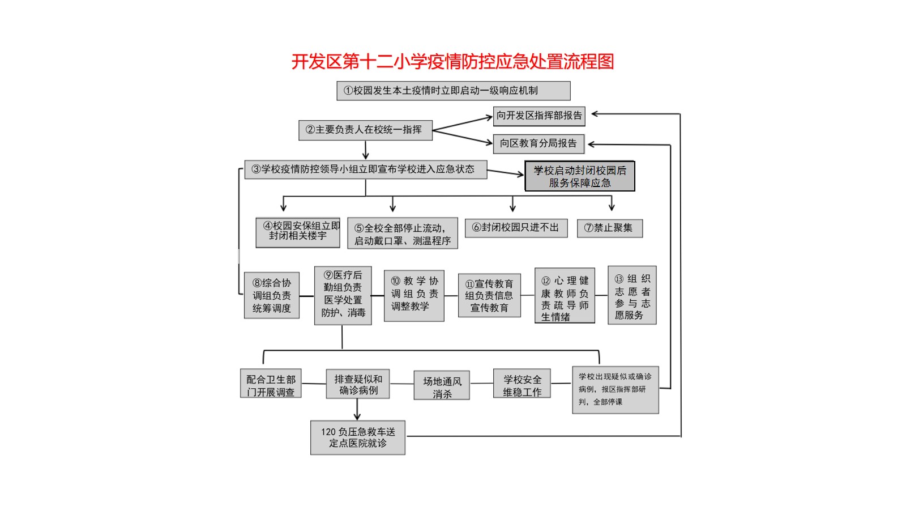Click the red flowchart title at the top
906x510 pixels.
(452, 62)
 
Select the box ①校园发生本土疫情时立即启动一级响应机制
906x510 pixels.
(454, 91)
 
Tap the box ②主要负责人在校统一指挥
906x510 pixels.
(365, 130)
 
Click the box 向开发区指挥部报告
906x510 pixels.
(539, 116)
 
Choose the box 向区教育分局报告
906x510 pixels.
(539, 144)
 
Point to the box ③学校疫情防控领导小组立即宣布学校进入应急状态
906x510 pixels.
(366, 169)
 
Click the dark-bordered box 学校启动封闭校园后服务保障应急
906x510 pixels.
(580, 176)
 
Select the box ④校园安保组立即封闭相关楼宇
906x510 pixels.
(298, 232)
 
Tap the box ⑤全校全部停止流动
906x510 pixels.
(403, 233)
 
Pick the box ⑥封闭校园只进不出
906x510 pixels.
(516, 228)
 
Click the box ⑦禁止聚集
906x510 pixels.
(609, 228)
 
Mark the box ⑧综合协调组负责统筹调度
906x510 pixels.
(272, 295)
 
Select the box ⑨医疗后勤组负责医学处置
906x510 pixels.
(343, 295)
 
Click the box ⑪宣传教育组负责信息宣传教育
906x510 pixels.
(489, 295)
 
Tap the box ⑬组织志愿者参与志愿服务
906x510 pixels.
(632, 295)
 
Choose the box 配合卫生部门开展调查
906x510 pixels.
(271, 383)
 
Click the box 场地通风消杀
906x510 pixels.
(442, 385)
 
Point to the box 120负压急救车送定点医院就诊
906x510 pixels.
(358, 437)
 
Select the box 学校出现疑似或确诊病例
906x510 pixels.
(616, 390)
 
